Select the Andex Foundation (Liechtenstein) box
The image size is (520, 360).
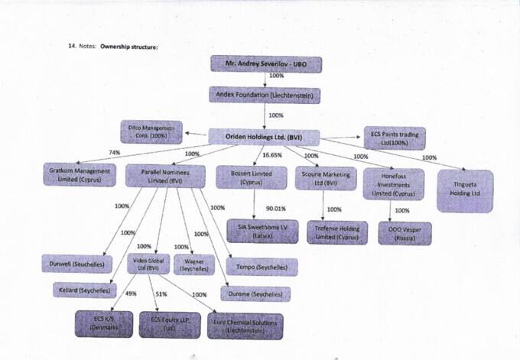[264, 96]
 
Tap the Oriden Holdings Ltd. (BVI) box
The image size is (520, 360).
[264, 136]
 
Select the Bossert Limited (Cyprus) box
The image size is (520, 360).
[243, 177]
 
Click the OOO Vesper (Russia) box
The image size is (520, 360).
[405, 232]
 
